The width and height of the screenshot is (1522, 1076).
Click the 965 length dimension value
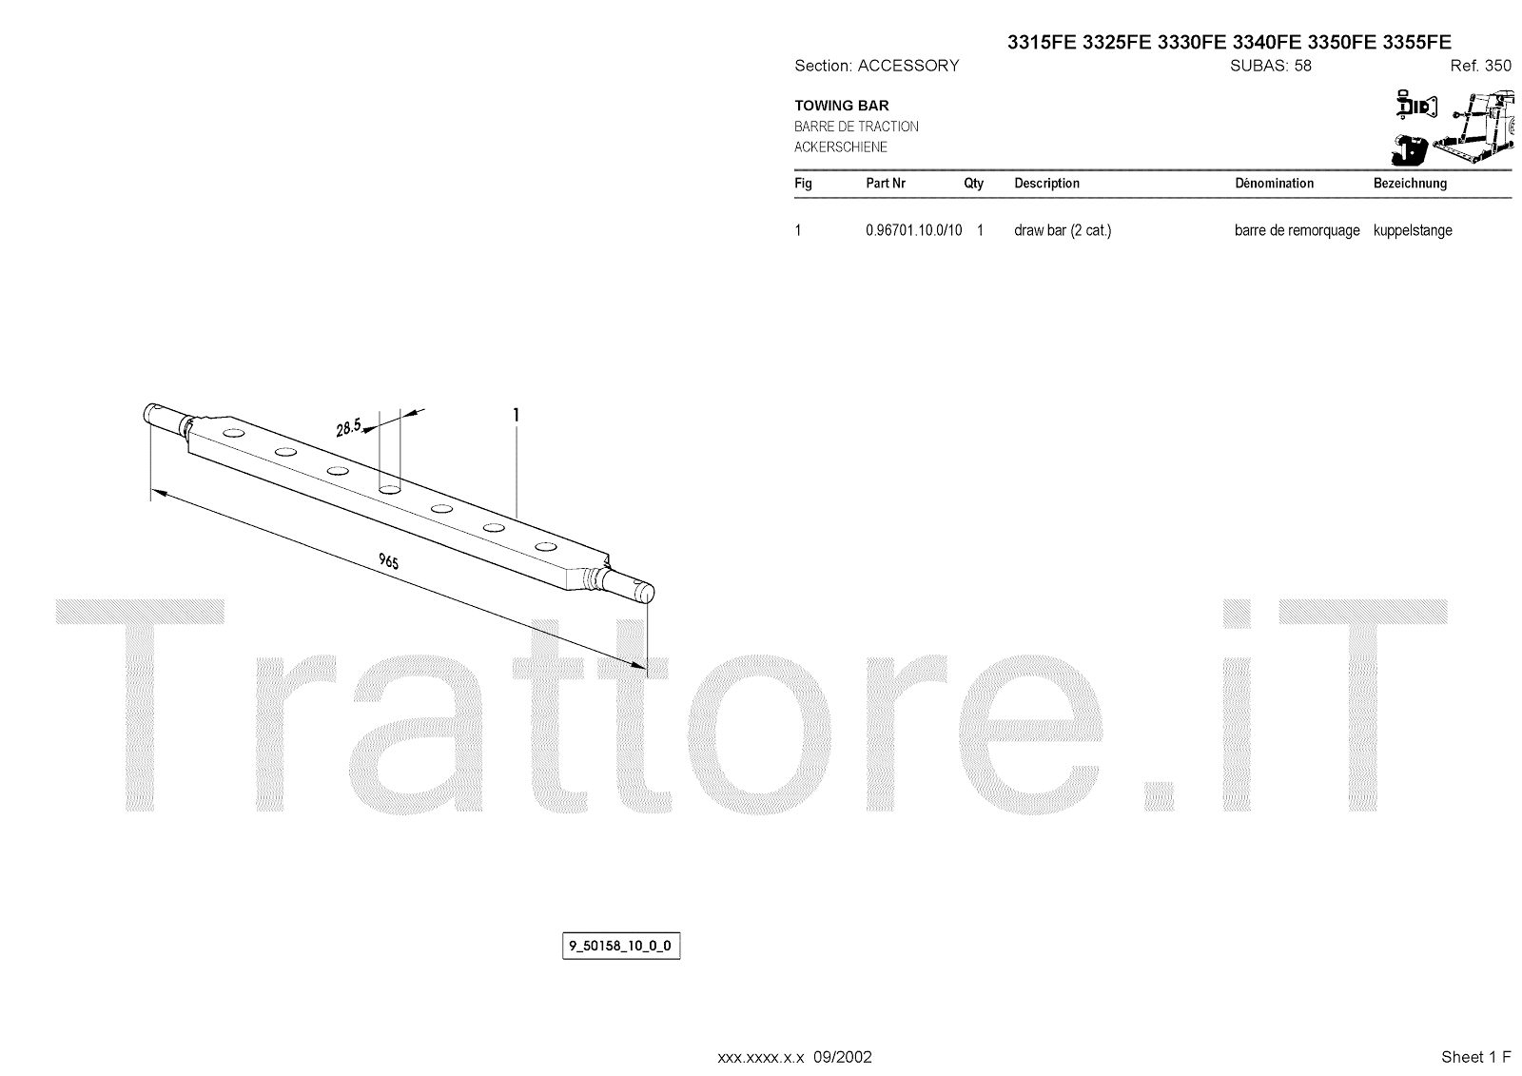click(388, 561)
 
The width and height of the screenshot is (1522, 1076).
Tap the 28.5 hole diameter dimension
click(349, 427)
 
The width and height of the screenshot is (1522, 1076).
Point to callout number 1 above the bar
click(516, 415)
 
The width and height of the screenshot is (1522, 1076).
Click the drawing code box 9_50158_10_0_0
click(621, 946)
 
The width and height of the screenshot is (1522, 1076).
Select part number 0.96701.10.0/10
click(913, 230)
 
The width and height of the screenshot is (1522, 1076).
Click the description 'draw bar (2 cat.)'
click(1063, 230)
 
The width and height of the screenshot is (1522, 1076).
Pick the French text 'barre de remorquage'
click(1297, 230)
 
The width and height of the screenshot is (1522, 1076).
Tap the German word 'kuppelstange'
click(1413, 230)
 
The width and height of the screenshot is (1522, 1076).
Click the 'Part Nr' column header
click(885, 184)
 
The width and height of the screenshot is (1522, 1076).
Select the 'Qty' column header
click(973, 184)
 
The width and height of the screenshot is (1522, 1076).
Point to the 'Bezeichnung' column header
click(1410, 184)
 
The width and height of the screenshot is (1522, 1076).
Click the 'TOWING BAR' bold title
click(842, 106)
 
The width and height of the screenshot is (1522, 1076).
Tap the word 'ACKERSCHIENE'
click(841, 147)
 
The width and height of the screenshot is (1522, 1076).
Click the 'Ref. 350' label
click(1480, 66)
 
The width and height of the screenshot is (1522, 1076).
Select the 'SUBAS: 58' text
click(1271, 66)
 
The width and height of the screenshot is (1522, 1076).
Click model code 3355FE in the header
click(1417, 42)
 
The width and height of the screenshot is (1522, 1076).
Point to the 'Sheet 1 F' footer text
click(1475, 1057)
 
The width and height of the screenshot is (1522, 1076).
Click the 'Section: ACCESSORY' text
click(876, 66)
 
